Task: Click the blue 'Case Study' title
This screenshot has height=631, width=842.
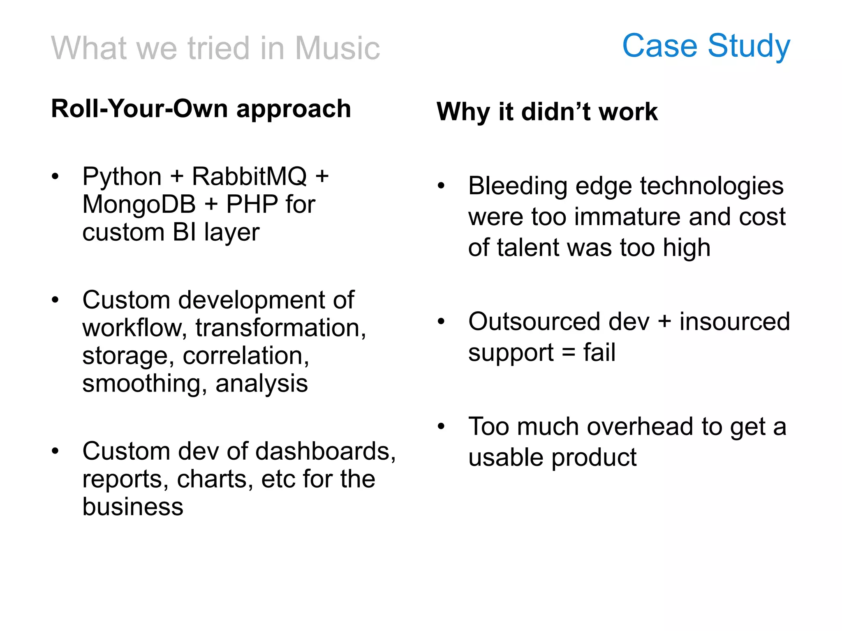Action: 706,46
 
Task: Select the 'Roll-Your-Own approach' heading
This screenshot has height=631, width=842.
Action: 201,109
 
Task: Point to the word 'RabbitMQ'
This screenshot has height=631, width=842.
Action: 250,177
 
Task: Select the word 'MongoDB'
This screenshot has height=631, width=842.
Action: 139,205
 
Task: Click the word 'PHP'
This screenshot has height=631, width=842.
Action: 252,205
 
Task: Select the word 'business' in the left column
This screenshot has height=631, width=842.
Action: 132,507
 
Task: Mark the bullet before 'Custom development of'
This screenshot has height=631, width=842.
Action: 56,300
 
